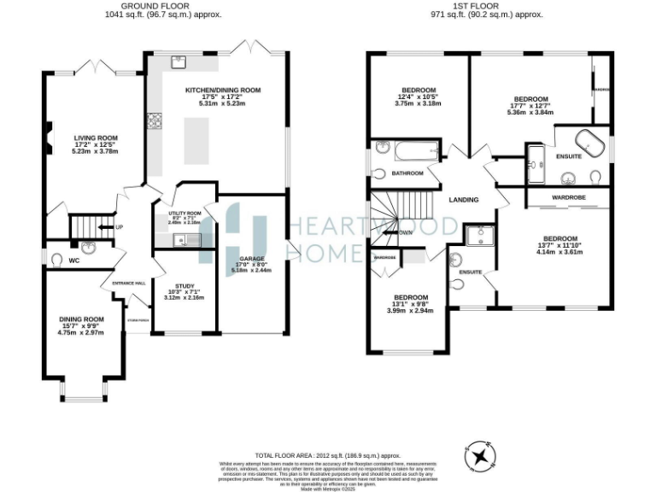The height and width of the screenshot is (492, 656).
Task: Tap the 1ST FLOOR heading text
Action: point(488,6)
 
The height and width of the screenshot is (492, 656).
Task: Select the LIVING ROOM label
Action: point(95,138)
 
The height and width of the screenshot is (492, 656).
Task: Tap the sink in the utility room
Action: point(181,240)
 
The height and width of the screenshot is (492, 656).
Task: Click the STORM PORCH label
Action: point(137,321)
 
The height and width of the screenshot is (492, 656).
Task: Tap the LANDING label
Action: point(463,200)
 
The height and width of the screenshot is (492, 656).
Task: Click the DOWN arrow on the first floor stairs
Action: point(403,231)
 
